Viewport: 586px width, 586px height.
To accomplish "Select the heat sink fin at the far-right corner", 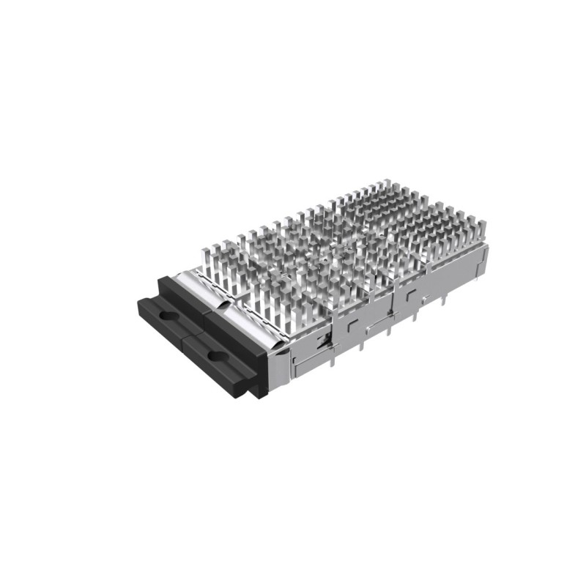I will [x=480, y=233].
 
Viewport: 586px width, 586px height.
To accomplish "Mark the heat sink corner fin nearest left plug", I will [x=205, y=253].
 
